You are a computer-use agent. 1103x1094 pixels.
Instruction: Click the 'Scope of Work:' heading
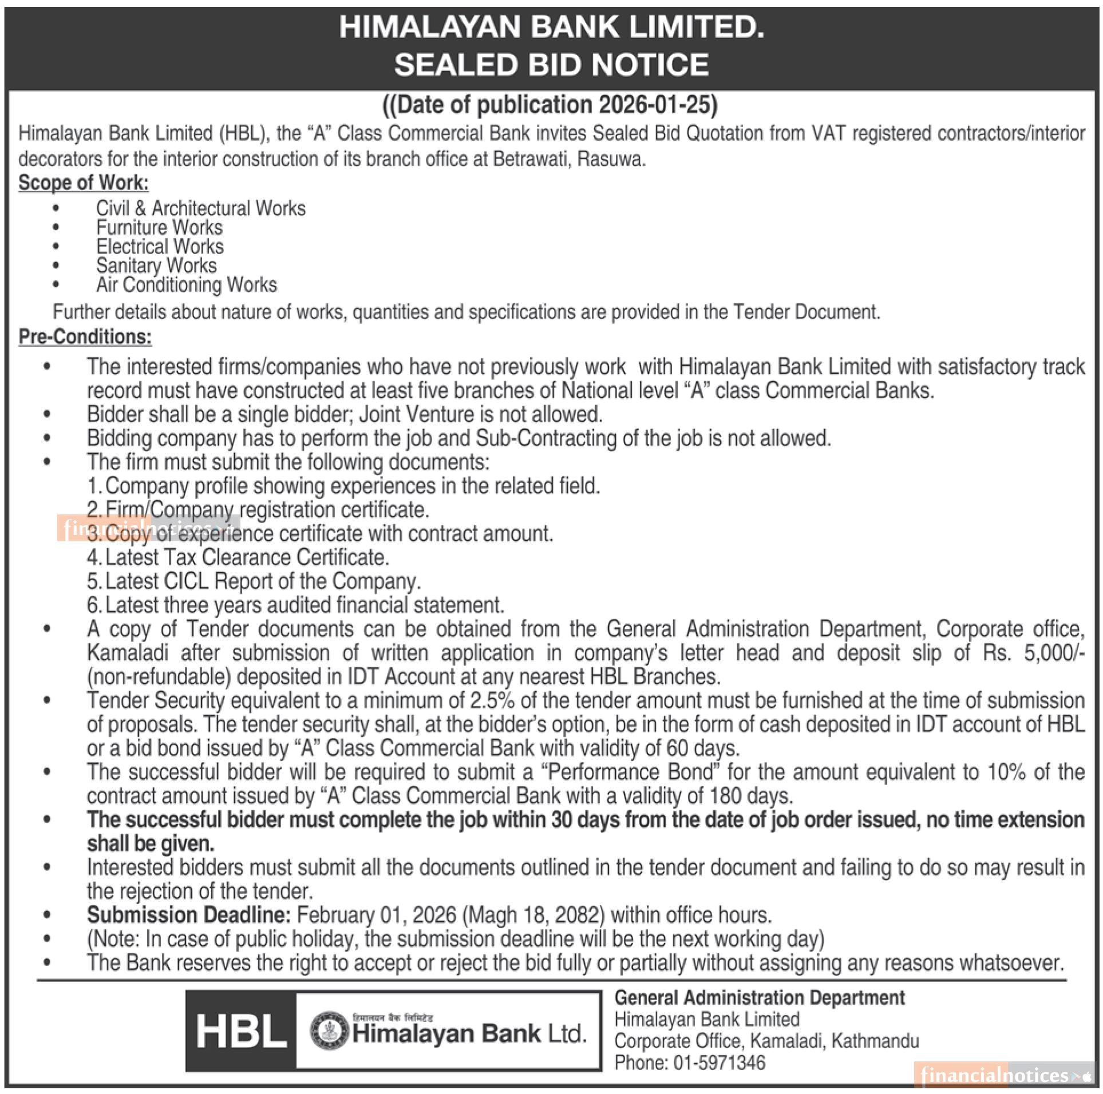click(84, 183)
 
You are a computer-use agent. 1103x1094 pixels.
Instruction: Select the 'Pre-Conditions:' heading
click(85, 336)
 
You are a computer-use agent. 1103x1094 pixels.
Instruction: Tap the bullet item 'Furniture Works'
click(159, 228)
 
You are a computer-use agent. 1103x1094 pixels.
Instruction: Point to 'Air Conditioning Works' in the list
click(186, 285)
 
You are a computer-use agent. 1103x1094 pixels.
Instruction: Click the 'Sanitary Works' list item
click(156, 266)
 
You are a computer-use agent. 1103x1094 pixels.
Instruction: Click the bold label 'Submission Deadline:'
click(189, 915)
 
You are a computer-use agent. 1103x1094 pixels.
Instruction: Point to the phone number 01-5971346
click(719, 1063)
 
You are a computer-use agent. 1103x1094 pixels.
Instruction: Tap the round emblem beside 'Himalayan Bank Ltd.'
click(329, 1032)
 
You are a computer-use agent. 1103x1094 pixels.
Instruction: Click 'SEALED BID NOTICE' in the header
click(551, 64)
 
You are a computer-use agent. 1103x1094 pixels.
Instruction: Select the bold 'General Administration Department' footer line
click(759, 998)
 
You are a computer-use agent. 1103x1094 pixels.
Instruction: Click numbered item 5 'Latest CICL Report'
click(254, 581)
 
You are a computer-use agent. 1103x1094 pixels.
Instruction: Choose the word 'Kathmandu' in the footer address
click(875, 1041)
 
